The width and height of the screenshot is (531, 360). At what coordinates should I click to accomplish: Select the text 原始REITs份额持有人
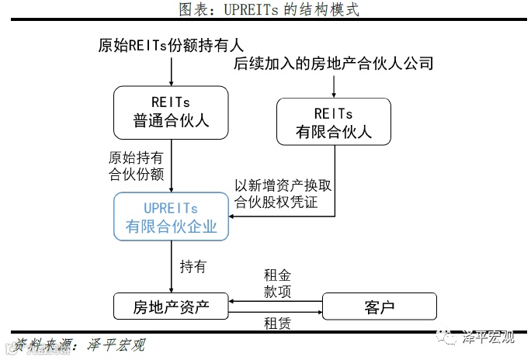171,45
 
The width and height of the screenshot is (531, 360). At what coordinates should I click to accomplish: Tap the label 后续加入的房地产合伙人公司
334,64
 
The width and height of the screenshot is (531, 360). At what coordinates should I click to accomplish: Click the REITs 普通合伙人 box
171,111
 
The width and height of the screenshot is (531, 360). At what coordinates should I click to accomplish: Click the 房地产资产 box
171,306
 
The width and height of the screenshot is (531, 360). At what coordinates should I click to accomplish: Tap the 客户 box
379,306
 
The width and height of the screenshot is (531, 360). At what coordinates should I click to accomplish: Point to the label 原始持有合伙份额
137,165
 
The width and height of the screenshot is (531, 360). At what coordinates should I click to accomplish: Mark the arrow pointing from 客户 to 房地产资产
276,301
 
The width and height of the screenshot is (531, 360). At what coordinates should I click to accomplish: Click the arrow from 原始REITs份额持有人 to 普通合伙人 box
171,71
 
